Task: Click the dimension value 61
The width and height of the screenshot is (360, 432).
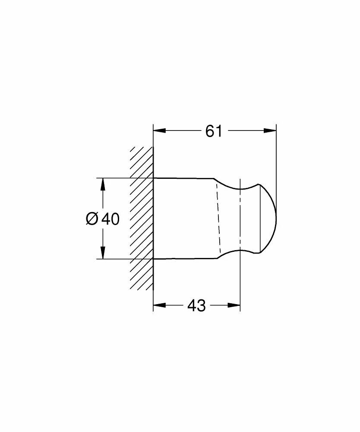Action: pos(213,131)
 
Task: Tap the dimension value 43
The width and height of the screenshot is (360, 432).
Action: pos(196,306)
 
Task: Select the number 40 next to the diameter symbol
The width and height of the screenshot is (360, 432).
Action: pos(110,219)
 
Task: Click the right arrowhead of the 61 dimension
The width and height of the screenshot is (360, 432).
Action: pos(271,131)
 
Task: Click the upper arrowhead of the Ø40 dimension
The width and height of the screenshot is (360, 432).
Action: pos(103,183)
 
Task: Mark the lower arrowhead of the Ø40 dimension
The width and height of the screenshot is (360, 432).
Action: pos(103,254)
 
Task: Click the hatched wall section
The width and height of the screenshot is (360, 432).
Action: pos(142,218)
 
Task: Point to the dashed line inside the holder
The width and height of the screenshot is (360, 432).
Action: pos(218,218)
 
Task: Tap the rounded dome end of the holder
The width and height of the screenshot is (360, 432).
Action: pos(270,219)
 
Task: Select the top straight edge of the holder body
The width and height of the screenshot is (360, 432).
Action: pos(183,178)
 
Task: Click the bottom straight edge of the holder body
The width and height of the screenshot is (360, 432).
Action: pos(183,259)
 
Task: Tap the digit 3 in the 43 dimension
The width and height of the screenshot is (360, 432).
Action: pos(201,306)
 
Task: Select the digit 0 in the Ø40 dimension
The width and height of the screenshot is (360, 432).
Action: pos(115,219)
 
